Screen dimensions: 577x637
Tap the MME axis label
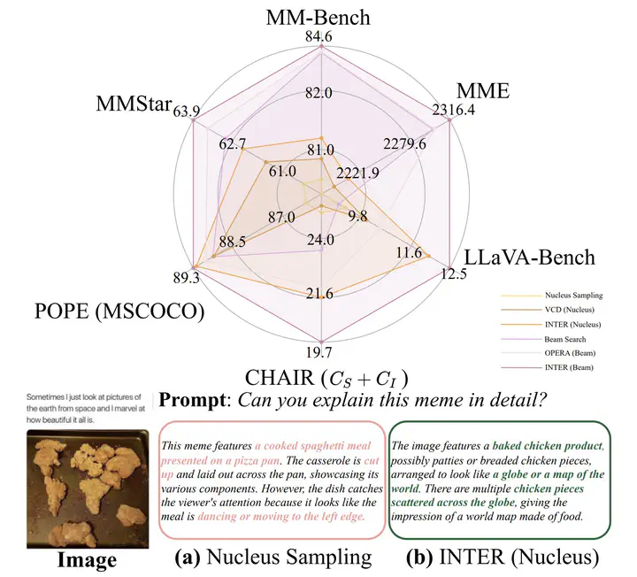click(482, 89)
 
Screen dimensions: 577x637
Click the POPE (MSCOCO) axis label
click(116, 312)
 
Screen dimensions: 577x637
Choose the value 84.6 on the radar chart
click(319, 38)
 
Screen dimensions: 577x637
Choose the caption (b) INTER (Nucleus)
click(500, 558)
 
